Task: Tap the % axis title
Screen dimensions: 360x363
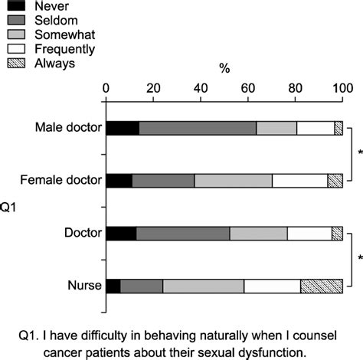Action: tap(224, 69)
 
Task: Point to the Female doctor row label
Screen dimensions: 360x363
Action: tap(63, 181)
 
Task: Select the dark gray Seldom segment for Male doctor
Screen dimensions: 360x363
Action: tap(198, 128)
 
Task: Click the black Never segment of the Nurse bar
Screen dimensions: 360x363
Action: tap(113, 286)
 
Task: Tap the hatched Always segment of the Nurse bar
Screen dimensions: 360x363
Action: tap(321, 286)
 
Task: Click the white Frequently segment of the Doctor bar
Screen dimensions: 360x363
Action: tap(309, 234)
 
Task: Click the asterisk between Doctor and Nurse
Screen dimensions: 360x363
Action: tap(359, 258)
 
